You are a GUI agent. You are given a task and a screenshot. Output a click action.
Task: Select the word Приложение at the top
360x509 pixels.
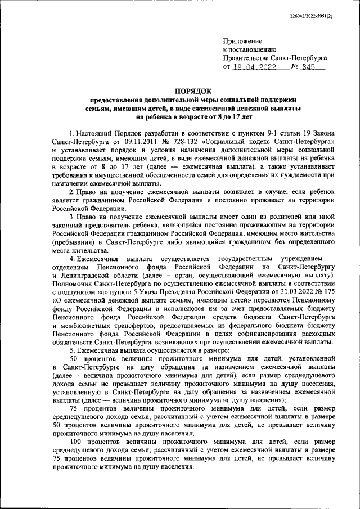pos(242,42)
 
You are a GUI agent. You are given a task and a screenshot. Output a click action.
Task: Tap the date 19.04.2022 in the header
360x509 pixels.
pos(257,66)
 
